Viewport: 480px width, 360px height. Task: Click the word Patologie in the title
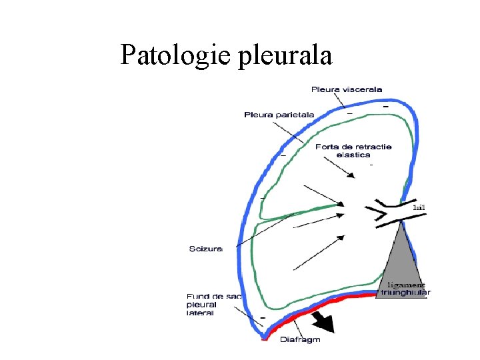(x=175, y=55)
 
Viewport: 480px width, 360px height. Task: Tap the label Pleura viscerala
(x=347, y=89)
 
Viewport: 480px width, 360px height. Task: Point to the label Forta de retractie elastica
(x=353, y=150)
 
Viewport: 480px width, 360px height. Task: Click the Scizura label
(x=205, y=249)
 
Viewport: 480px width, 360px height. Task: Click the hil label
(x=419, y=207)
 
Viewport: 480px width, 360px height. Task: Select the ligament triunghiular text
(x=405, y=288)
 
